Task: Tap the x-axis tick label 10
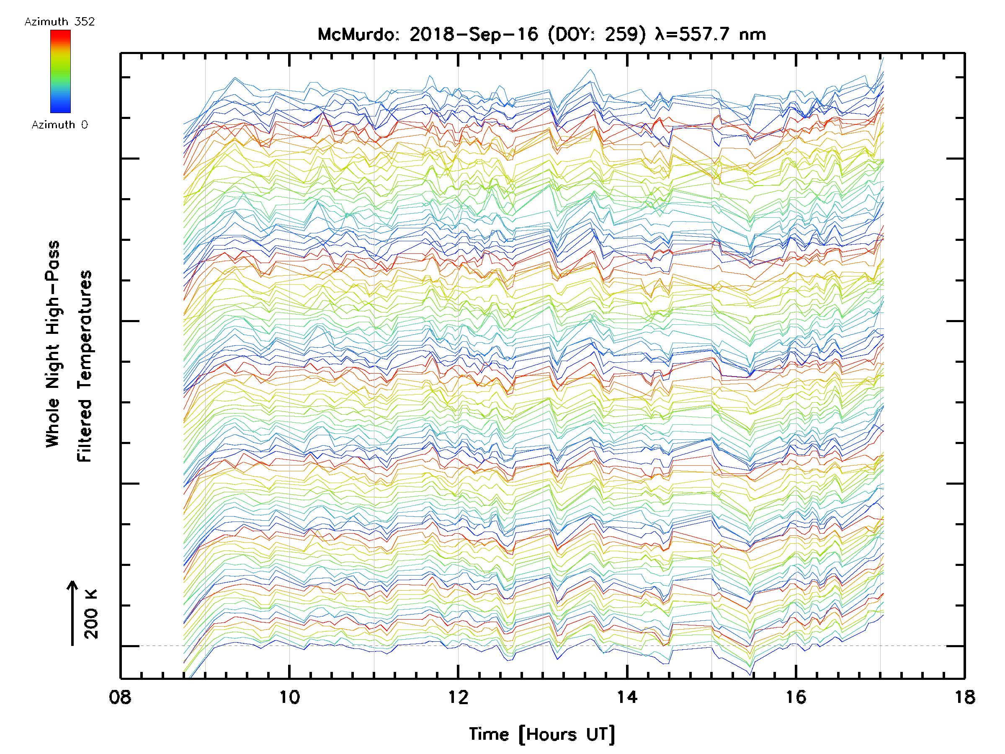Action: pos(289,697)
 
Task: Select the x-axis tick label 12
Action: pos(458,697)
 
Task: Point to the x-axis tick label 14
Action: pos(627,697)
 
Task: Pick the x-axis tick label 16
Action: pos(796,697)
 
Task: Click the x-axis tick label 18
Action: pos(964,697)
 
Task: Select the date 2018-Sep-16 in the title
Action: pos(474,34)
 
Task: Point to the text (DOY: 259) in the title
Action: pos(597,34)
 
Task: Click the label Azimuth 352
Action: pos(59,22)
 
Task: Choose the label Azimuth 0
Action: pos(59,124)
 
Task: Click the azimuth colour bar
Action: pos(60,71)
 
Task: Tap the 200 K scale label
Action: pos(91,614)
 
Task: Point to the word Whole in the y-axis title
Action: pos(53,423)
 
